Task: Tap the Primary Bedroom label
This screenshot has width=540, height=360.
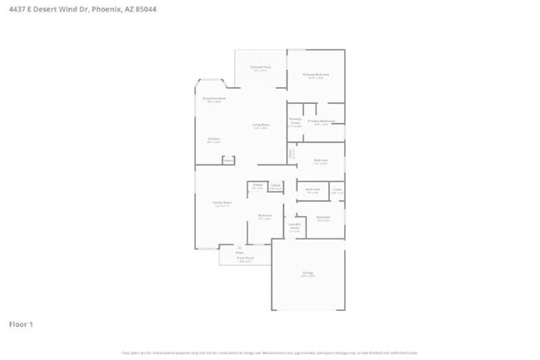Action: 316,75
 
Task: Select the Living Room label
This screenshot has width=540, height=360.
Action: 260,126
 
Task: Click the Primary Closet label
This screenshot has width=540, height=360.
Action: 295,121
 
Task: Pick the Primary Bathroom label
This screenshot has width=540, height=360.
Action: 321,121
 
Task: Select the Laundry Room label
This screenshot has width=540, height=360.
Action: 294,226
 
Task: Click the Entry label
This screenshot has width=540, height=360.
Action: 239,251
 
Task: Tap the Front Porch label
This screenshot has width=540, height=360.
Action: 245,259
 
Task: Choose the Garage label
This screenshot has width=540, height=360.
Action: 307,274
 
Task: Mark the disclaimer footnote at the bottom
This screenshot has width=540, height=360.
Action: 270,353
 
